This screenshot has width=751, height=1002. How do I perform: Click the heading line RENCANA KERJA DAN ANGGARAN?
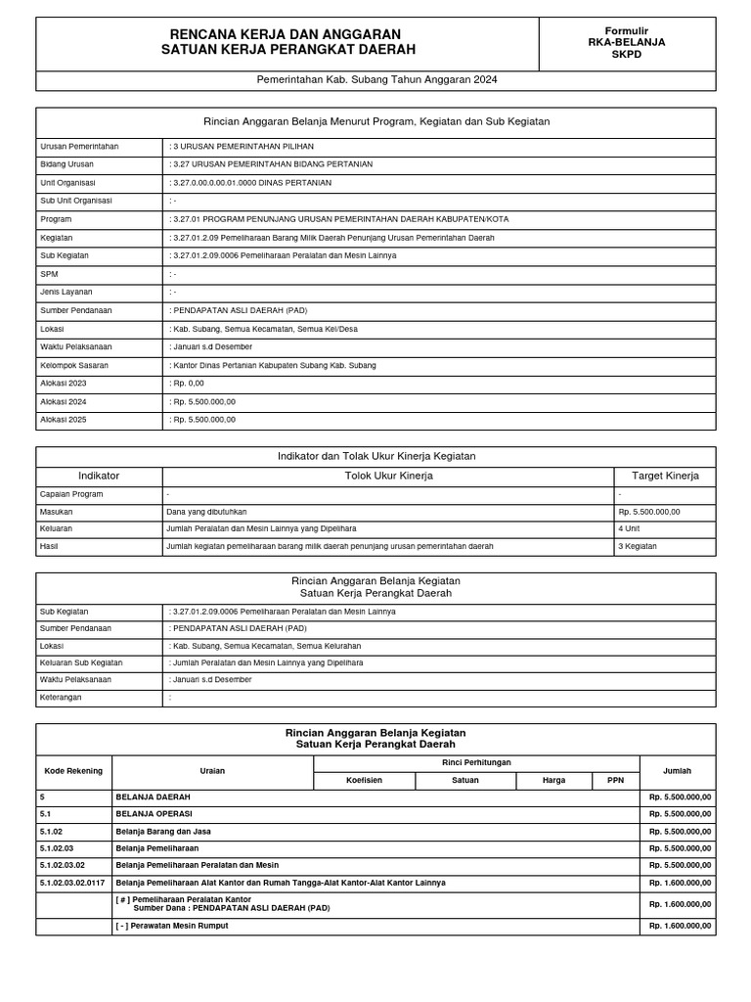[286, 34]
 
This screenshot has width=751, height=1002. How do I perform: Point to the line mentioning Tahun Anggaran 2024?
[376, 80]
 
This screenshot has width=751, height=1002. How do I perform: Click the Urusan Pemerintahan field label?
[79, 146]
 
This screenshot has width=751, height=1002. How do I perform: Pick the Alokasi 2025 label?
[64, 420]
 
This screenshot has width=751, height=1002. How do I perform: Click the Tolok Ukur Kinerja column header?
[388, 476]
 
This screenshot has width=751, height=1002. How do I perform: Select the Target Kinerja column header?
[665, 476]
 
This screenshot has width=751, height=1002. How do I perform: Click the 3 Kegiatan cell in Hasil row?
[638, 546]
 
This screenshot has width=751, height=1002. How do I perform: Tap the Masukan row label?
[57, 511]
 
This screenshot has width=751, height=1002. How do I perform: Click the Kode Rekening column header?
[73, 771]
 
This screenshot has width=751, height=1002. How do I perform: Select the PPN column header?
[615, 781]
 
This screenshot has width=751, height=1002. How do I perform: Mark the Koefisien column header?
[364, 781]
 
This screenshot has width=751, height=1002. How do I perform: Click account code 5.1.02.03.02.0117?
[72, 883]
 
